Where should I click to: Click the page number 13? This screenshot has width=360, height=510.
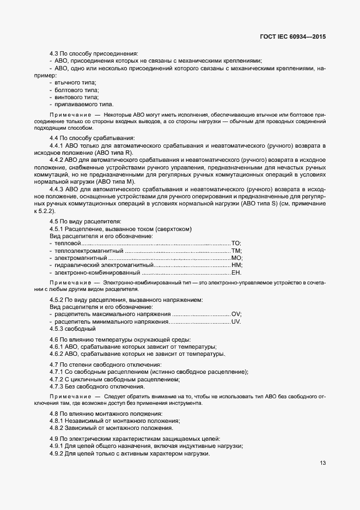323,463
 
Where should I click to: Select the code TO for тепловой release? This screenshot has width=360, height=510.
236,243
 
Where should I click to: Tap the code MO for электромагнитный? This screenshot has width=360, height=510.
236,258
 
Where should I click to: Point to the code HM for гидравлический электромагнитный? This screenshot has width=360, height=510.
236,265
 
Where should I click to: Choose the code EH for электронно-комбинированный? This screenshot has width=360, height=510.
236,272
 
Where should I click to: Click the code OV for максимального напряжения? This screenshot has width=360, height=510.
236,314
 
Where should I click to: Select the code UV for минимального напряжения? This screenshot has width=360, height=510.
236,321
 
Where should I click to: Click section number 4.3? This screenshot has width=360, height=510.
54,54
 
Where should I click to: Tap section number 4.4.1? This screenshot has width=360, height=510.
57,146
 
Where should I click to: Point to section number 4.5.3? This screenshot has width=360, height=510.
57,329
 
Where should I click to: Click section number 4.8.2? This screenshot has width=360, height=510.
57,428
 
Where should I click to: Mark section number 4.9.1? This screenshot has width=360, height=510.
57,446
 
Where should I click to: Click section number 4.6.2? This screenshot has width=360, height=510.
57,354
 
